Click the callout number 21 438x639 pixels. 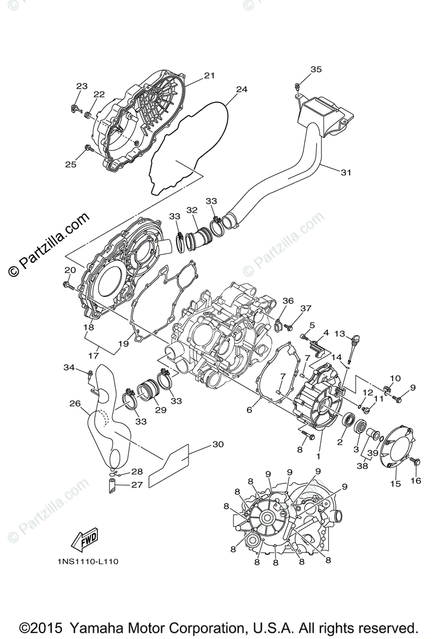point(209,76)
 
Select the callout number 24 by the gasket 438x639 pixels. point(242,89)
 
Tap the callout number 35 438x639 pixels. point(316,69)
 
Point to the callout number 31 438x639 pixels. point(346,172)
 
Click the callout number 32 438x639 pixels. point(192,210)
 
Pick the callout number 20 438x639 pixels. point(70,270)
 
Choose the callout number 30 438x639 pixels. point(218,444)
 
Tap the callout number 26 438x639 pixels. point(74,403)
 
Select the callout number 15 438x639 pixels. point(395,484)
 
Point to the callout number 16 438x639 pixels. point(416,480)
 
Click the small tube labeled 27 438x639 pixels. point(112,486)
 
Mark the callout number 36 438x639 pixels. point(287,301)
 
